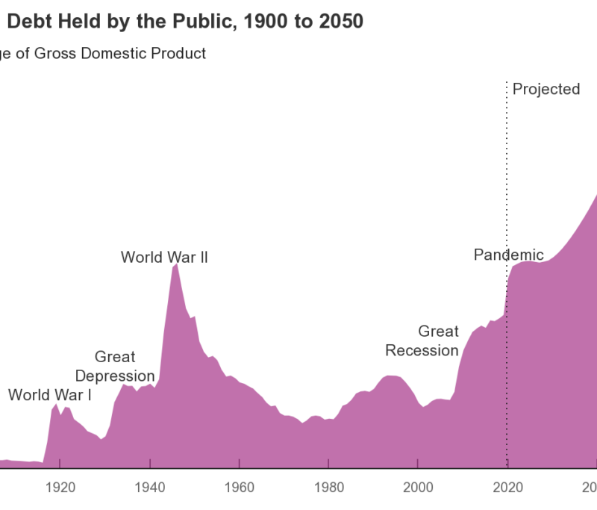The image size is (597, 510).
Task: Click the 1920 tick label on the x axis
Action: tap(60, 488)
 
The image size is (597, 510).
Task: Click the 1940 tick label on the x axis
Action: tap(150, 488)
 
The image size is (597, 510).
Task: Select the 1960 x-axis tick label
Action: tap(239, 488)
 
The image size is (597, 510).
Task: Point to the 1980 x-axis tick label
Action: tap(328, 488)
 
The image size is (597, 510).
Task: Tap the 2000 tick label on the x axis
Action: tap(418, 488)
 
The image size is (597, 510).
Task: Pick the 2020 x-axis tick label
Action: tap(507, 488)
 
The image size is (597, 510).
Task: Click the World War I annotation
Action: tap(50, 395)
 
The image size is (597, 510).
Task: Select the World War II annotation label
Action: tap(164, 258)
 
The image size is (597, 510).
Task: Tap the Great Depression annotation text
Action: tap(115, 367)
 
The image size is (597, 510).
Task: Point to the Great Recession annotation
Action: tap(422, 340)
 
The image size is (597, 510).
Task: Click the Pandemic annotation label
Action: tap(509, 255)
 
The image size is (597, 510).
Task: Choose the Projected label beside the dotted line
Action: tap(546, 90)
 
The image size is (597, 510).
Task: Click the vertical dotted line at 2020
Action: tap(507, 187)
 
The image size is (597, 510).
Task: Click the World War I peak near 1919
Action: tap(56, 404)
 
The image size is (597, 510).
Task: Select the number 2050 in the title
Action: tap(340, 22)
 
